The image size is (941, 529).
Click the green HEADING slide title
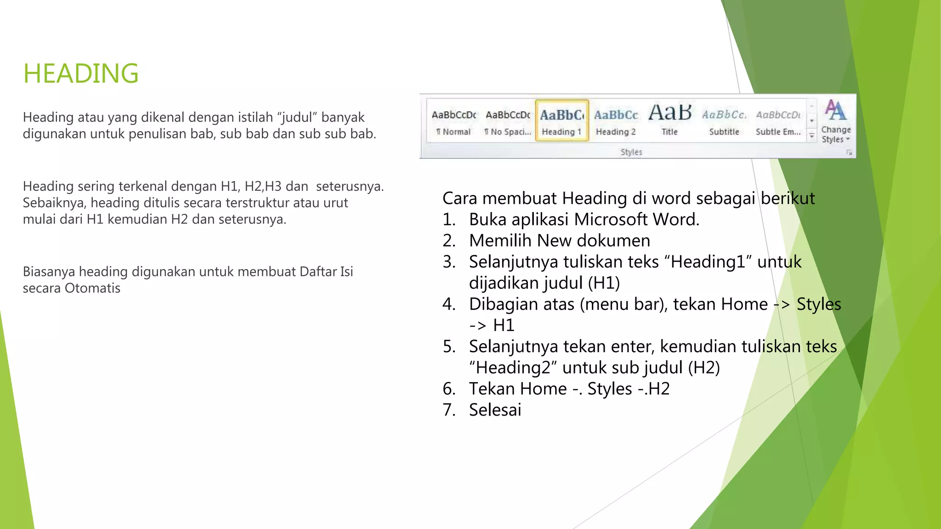click(81, 73)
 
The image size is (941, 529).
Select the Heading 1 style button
click(561, 121)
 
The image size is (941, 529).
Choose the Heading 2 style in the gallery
click(616, 121)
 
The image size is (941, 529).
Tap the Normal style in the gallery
click(453, 121)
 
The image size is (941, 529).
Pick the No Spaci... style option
click(508, 121)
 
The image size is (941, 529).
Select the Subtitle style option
click(724, 121)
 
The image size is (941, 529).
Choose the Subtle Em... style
click(778, 121)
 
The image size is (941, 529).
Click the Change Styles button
click(836, 122)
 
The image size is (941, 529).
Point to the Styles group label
click(631, 152)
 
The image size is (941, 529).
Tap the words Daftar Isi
click(326, 272)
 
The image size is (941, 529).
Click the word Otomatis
click(92, 288)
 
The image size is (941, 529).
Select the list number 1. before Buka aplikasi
click(449, 220)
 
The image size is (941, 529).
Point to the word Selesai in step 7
click(495, 410)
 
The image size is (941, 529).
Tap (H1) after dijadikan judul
click(604, 283)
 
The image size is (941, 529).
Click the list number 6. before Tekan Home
click(449, 389)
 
